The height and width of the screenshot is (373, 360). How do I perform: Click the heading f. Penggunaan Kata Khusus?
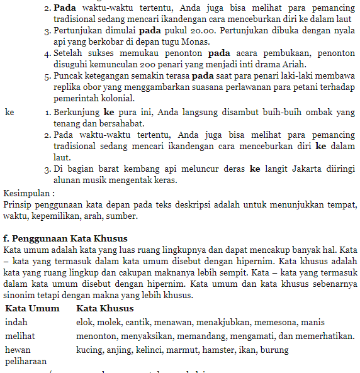click(x=65, y=238)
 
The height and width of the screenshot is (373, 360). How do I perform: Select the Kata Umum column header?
click(x=32, y=308)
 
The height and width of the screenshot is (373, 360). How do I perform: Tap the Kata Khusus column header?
click(x=104, y=308)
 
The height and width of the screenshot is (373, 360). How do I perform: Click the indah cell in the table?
click(x=16, y=322)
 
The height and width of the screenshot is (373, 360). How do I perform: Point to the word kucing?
click(x=89, y=350)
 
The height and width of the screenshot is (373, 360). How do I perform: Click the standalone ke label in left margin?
click(x=9, y=112)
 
